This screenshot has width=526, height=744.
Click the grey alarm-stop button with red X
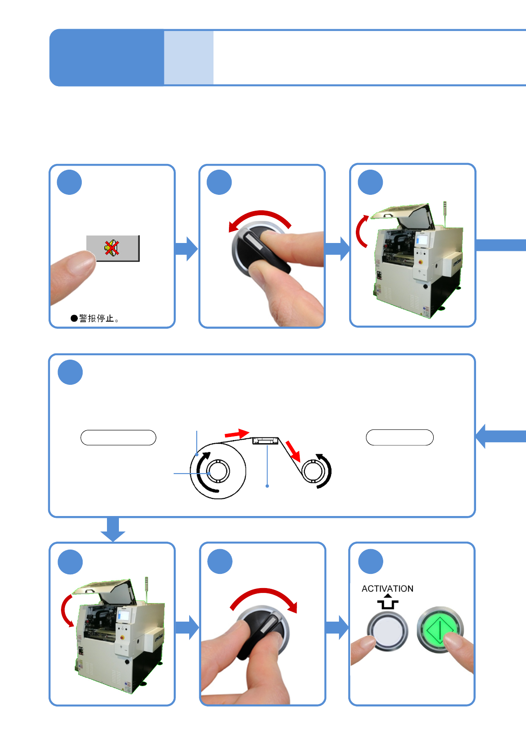point(113,248)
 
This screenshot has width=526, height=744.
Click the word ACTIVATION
point(387,588)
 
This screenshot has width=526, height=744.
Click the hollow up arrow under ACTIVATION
point(388,602)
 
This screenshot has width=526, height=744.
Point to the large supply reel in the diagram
point(218,471)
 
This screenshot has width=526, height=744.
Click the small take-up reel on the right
point(314,471)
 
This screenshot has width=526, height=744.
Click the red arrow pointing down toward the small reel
point(293,451)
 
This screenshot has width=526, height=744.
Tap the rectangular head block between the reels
point(265,440)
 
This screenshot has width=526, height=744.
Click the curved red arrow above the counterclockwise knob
point(260,218)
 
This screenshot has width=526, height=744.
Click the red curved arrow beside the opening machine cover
point(361,231)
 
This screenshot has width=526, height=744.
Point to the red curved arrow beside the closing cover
point(66,610)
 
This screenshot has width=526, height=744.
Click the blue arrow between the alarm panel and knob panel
point(186,249)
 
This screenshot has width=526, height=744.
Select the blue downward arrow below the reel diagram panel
point(113,529)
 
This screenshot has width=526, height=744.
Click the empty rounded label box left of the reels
point(118,437)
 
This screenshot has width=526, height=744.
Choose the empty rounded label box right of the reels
point(400,437)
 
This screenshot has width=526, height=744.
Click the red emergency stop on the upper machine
point(420,261)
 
